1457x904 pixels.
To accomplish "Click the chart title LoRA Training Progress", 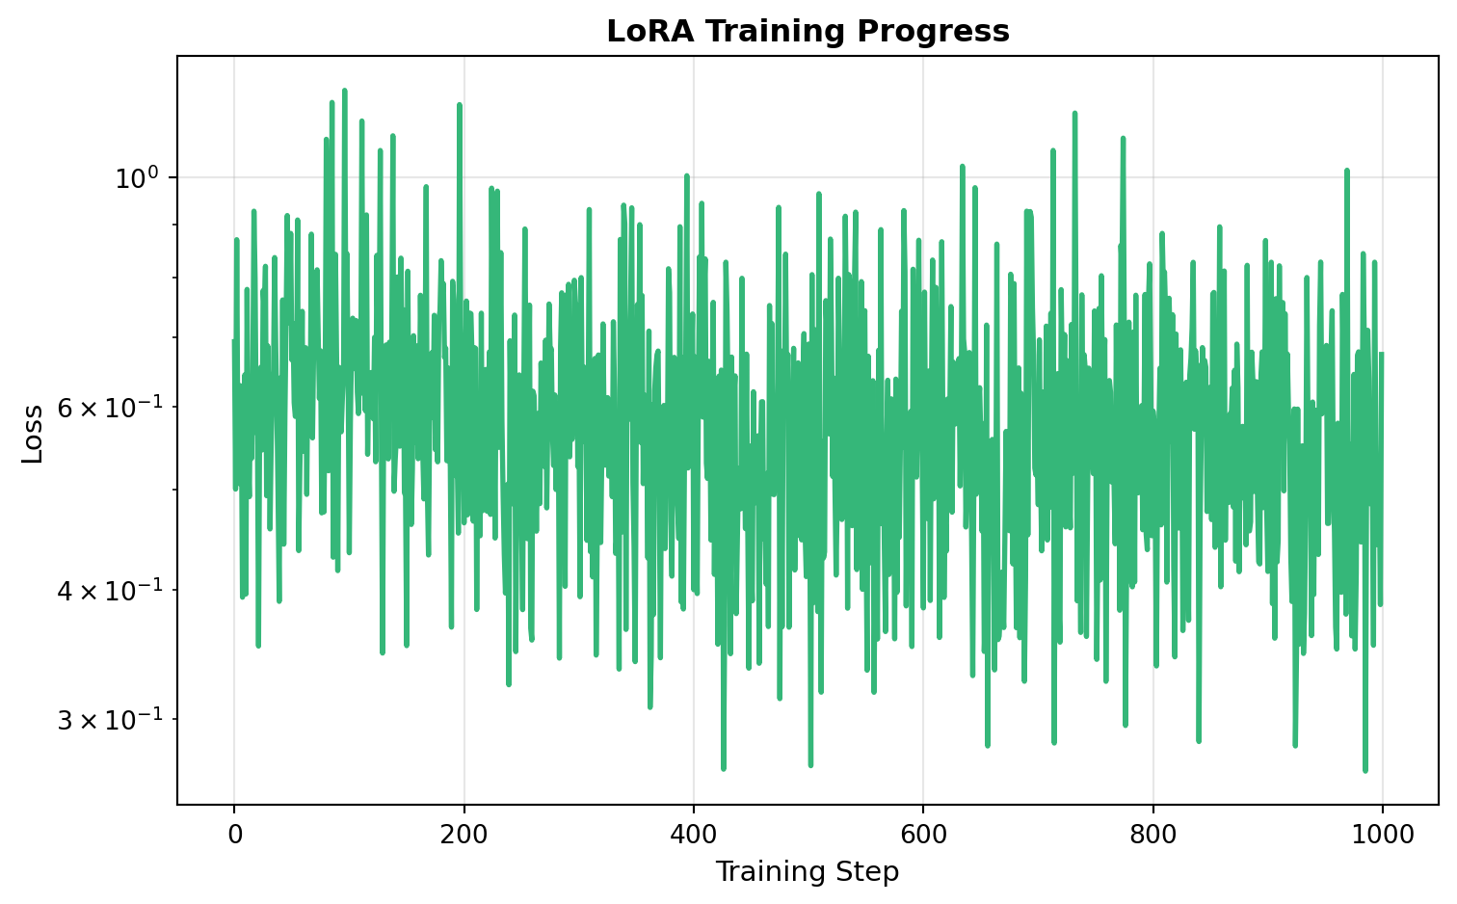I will click(x=808, y=32).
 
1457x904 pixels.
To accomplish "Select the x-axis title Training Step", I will click(x=807, y=872).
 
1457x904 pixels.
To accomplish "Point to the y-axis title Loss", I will click(x=33, y=434).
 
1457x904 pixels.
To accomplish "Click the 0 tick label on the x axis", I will click(x=234, y=834).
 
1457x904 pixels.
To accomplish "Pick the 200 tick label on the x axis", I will click(x=464, y=834).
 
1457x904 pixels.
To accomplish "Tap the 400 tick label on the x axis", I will click(x=693, y=834).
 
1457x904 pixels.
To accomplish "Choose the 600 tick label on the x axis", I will click(x=923, y=834).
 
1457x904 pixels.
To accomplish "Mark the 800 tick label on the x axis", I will click(x=1152, y=834).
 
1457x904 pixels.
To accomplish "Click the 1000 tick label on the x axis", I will click(x=1382, y=834).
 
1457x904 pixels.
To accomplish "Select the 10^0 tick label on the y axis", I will click(x=136, y=178).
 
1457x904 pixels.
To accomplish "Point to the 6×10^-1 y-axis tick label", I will click(x=112, y=408).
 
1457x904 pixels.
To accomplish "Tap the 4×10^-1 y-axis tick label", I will click(x=112, y=590).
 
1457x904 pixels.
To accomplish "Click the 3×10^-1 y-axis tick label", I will click(x=112, y=720).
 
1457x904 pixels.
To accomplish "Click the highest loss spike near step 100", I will click(x=344, y=91).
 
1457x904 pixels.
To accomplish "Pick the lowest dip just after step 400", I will click(x=723, y=768).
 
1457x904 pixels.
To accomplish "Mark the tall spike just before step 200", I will click(x=460, y=105).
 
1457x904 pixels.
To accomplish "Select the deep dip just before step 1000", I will click(x=1365, y=770).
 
